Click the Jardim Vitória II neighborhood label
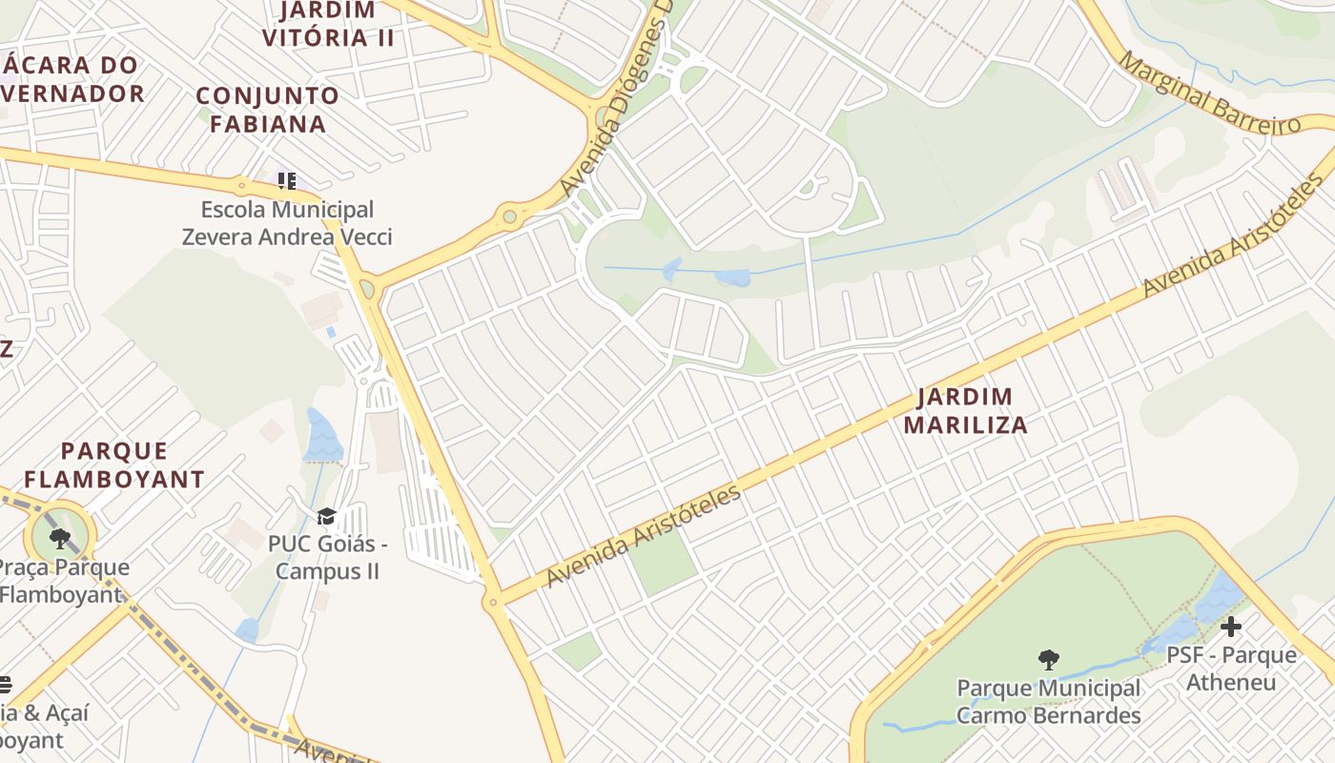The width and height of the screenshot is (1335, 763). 328,25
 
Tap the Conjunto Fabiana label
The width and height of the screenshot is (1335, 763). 268,110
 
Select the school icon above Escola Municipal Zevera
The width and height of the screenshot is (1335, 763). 286,180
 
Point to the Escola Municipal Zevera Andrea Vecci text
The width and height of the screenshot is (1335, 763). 287,223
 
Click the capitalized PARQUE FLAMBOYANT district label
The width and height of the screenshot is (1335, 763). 114,464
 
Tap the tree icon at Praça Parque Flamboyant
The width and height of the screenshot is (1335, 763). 60,538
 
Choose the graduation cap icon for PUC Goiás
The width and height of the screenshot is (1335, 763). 327,517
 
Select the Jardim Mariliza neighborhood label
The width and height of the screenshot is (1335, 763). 966,411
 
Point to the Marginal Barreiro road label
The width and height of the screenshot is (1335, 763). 1209,93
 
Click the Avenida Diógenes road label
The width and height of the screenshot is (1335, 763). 616,100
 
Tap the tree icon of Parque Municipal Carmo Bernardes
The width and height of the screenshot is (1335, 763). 1048,659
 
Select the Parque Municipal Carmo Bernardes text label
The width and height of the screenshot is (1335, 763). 1049,702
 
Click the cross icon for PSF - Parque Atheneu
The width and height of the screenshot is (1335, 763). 1231,627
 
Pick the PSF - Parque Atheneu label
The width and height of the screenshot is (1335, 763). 1231,669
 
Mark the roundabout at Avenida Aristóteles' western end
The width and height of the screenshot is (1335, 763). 492,602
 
